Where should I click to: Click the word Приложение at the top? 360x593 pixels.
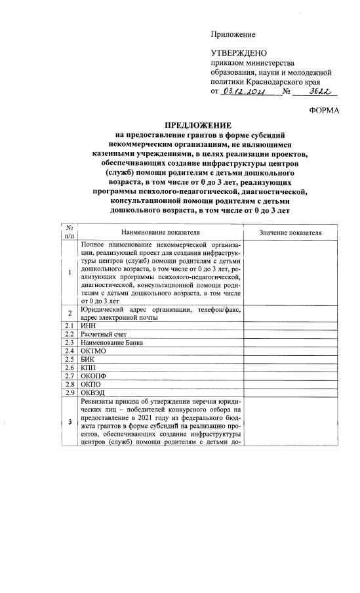pos(233,34)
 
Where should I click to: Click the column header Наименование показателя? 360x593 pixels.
pos(160,232)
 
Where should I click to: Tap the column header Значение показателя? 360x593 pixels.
pos(290,232)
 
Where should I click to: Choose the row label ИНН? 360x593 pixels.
pos(88,325)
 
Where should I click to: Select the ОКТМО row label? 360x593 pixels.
pos(93,351)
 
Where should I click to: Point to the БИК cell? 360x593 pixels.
pos(89,360)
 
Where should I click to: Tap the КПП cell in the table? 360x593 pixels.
pos(89,368)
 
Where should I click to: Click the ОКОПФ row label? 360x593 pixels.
pos(92,377)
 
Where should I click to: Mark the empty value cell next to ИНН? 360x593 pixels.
pos(290,325)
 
